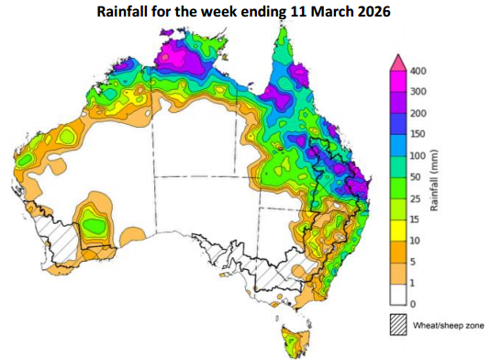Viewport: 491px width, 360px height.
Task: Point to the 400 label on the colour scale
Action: pyautogui.click(x=418, y=71)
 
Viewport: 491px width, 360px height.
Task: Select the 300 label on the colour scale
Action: pyautogui.click(x=418, y=92)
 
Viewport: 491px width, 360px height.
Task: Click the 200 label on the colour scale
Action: pyautogui.click(x=418, y=113)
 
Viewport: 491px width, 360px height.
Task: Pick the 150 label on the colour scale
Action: pyautogui.click(x=418, y=134)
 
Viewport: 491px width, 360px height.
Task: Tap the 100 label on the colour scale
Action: pyautogui.click(x=418, y=155)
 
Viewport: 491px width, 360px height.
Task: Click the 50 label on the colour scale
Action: pyautogui.click(x=416, y=176)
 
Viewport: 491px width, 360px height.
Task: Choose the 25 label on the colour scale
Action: pyautogui.click(x=416, y=197)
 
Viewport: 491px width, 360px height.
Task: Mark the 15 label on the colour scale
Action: pyautogui.click(x=416, y=219)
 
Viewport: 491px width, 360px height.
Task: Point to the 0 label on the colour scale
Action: pyautogui.click(x=413, y=303)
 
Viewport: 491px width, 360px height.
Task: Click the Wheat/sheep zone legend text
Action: pyautogui.click(x=449, y=323)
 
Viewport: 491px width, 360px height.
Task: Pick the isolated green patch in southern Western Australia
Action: pyautogui.click(x=93, y=222)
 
